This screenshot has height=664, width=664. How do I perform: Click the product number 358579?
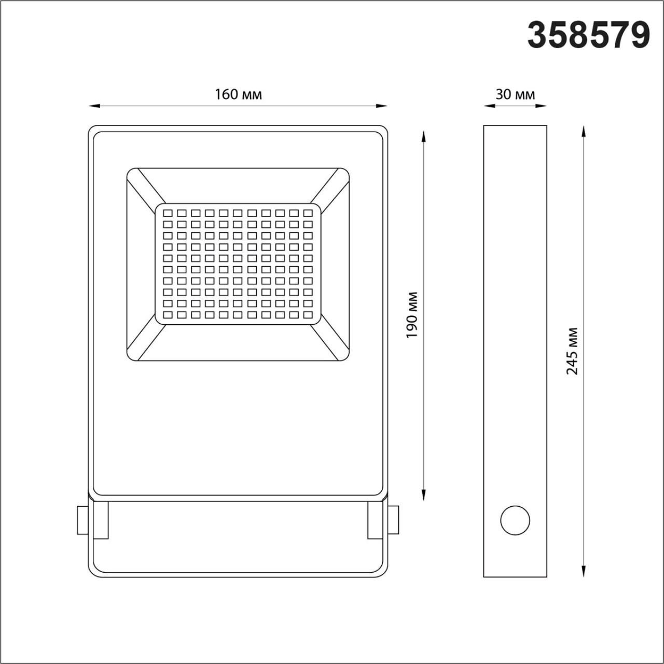(x=589, y=35)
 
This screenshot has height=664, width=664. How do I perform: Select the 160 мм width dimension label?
(x=238, y=94)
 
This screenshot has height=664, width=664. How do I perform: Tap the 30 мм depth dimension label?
(x=515, y=94)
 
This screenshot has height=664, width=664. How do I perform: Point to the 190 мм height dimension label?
(x=412, y=315)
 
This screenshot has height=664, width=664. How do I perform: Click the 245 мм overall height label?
(x=572, y=351)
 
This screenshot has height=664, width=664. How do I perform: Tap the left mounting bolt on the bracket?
(x=82, y=520)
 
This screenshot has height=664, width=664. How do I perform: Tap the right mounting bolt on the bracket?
(x=394, y=520)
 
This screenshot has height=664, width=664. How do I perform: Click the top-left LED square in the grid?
(x=168, y=213)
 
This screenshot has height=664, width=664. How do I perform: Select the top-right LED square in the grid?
(x=308, y=213)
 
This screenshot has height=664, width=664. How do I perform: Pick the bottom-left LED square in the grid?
(x=168, y=314)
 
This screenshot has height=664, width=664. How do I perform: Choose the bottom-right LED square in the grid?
(x=308, y=314)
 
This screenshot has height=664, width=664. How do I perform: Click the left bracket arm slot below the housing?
(x=101, y=520)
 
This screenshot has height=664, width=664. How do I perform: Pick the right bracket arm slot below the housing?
(x=375, y=520)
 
